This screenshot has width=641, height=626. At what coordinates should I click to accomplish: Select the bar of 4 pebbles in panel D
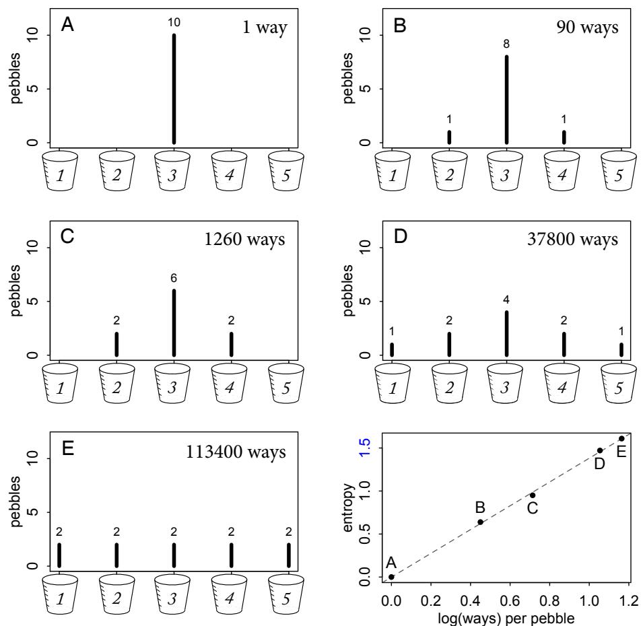(506, 333)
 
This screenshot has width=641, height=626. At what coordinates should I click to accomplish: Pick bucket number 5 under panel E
(289, 588)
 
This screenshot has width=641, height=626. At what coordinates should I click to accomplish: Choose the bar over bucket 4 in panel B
(564, 137)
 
